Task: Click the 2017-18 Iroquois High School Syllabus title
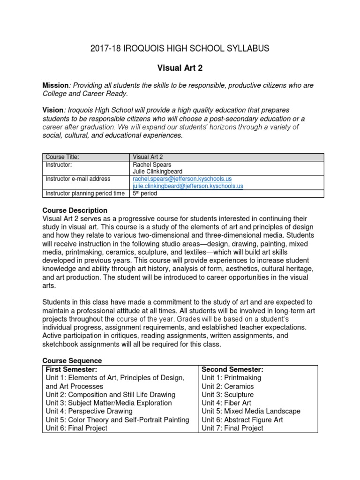click(180, 48)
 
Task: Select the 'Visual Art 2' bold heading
click(180, 68)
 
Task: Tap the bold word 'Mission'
click(55, 85)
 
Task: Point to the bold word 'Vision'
click(52, 110)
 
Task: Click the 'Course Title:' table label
click(62, 157)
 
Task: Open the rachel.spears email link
click(182, 179)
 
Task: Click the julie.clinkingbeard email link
click(188, 186)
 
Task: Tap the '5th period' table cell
click(146, 193)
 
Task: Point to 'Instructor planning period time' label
click(85, 193)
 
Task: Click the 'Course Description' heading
click(75, 210)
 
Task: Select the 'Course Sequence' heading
click(72, 360)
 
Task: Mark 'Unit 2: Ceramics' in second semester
click(228, 386)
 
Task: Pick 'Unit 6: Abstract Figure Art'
click(242, 420)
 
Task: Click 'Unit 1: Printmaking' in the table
click(232, 378)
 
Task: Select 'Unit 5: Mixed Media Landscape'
click(251, 411)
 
